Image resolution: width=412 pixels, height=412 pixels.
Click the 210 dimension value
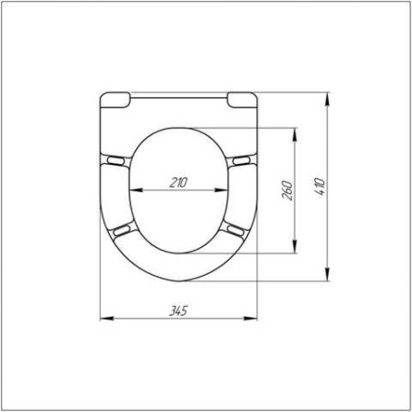[179, 183]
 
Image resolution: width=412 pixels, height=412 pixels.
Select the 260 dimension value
[287, 190]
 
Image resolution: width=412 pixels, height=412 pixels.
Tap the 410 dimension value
[320, 187]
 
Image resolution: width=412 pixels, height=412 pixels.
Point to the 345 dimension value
[179, 310]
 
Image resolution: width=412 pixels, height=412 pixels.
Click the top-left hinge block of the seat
[115, 100]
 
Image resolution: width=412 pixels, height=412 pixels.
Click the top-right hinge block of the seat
[243, 100]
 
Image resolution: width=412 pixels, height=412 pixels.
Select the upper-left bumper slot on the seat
[115, 160]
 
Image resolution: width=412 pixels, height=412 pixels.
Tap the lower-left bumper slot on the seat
[122, 229]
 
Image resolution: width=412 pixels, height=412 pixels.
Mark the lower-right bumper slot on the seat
[235, 230]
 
